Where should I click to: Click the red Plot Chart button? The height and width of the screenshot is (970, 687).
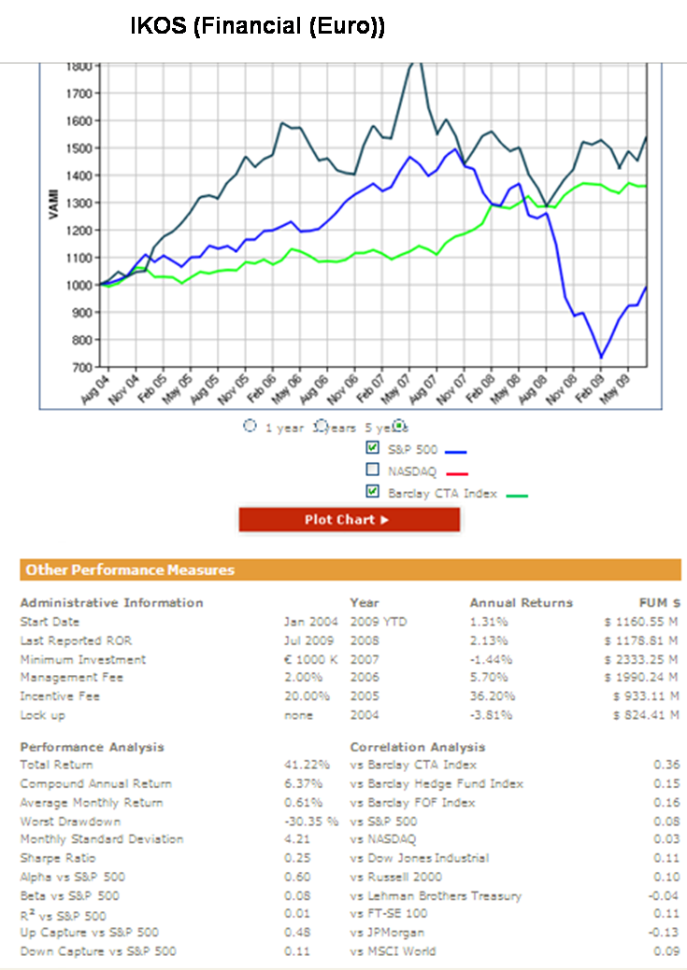click(349, 520)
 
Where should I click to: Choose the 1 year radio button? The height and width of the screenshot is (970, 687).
click(250, 426)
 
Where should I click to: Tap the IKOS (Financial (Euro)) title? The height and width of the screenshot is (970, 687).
click(257, 28)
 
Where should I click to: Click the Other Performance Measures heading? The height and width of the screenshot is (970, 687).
click(130, 569)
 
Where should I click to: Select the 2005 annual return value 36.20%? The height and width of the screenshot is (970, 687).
click(490, 696)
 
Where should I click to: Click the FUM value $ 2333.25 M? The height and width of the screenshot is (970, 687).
click(640, 659)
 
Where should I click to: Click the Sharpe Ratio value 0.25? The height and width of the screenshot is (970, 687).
click(297, 858)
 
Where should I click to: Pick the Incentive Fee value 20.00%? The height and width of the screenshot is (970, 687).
click(307, 696)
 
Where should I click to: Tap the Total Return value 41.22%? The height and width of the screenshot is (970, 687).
click(304, 766)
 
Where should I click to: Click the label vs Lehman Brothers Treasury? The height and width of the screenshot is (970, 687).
click(436, 896)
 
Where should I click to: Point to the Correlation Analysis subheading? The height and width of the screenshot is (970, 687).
click(418, 747)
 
